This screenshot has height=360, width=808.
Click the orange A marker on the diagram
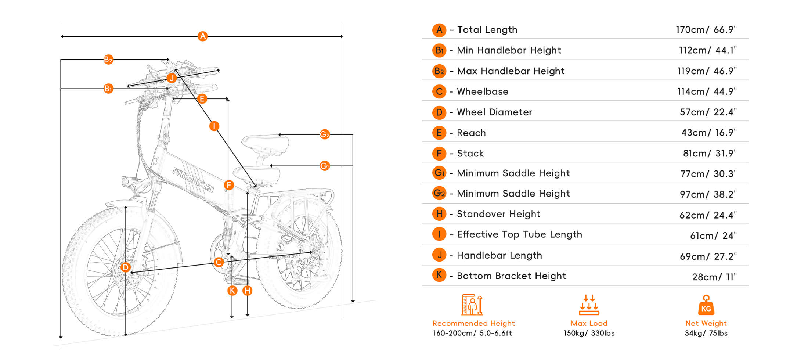[x=202, y=36]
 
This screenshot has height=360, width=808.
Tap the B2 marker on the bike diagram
[x=108, y=60]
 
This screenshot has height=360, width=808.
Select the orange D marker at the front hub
[x=125, y=267]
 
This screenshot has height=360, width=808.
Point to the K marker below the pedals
[x=232, y=291]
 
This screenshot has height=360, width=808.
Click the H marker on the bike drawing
[x=248, y=291]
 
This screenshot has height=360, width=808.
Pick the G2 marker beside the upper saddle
[x=325, y=134]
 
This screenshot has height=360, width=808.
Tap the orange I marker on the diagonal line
[x=214, y=126]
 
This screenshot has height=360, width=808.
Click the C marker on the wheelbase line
[x=219, y=262]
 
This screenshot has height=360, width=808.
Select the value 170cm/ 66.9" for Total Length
[x=706, y=30]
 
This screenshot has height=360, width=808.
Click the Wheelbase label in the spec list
[x=483, y=91]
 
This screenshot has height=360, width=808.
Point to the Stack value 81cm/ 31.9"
[x=710, y=153]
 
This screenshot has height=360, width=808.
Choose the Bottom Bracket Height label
[x=511, y=276]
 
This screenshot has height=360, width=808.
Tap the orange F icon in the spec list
[x=439, y=153]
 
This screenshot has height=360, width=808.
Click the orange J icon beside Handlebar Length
[x=439, y=255]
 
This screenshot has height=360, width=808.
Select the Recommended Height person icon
[x=472, y=305]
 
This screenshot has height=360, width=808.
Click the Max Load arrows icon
[x=589, y=305]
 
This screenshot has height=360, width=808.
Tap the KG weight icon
[x=706, y=306]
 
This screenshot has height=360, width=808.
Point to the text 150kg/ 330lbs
[x=589, y=333]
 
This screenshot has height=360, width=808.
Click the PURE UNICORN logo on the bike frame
[x=193, y=180]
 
